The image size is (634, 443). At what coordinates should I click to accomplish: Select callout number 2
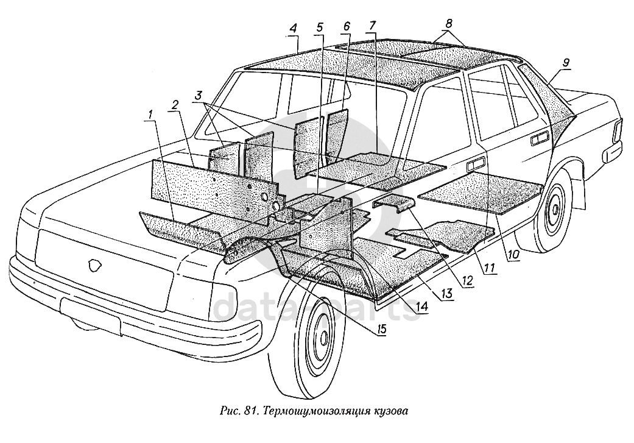click(175, 105)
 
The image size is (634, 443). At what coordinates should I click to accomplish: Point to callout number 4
click(294, 29)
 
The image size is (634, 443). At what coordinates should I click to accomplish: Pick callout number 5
click(320, 27)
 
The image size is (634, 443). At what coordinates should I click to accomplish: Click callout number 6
click(347, 27)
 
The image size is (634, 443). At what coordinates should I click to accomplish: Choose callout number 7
click(373, 27)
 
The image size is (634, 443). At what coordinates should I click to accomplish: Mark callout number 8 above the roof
click(449, 24)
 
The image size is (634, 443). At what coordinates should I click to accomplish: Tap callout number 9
click(566, 62)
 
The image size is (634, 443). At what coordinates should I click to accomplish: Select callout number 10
click(514, 257)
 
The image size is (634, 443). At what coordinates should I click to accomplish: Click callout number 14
click(420, 308)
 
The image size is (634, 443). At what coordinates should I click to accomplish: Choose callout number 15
click(382, 330)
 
